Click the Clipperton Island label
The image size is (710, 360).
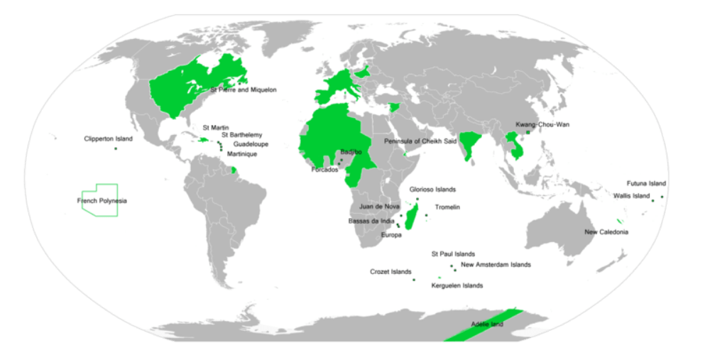pyautogui.click(x=108, y=138)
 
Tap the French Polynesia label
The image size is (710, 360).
pyautogui.click(x=102, y=201)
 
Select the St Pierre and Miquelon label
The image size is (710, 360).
pyautogui.click(x=244, y=90)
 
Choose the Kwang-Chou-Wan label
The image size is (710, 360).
pyautogui.click(x=542, y=124)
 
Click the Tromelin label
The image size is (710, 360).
pyautogui.click(x=447, y=207)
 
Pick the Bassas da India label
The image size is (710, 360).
pyautogui.click(x=371, y=221)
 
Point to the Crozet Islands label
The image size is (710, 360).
pyautogui.click(x=390, y=272)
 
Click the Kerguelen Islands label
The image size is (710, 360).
pyautogui.click(x=457, y=285)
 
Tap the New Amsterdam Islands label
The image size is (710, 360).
pyautogui.click(x=496, y=265)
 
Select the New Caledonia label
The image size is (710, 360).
pyautogui.click(x=606, y=232)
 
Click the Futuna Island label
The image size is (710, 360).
pyautogui.click(x=646, y=183)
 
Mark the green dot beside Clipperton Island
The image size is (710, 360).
pyautogui.click(x=115, y=148)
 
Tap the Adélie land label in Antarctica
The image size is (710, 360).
pyautogui.click(x=486, y=324)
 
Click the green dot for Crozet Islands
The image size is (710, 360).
pyautogui.click(x=413, y=280)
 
